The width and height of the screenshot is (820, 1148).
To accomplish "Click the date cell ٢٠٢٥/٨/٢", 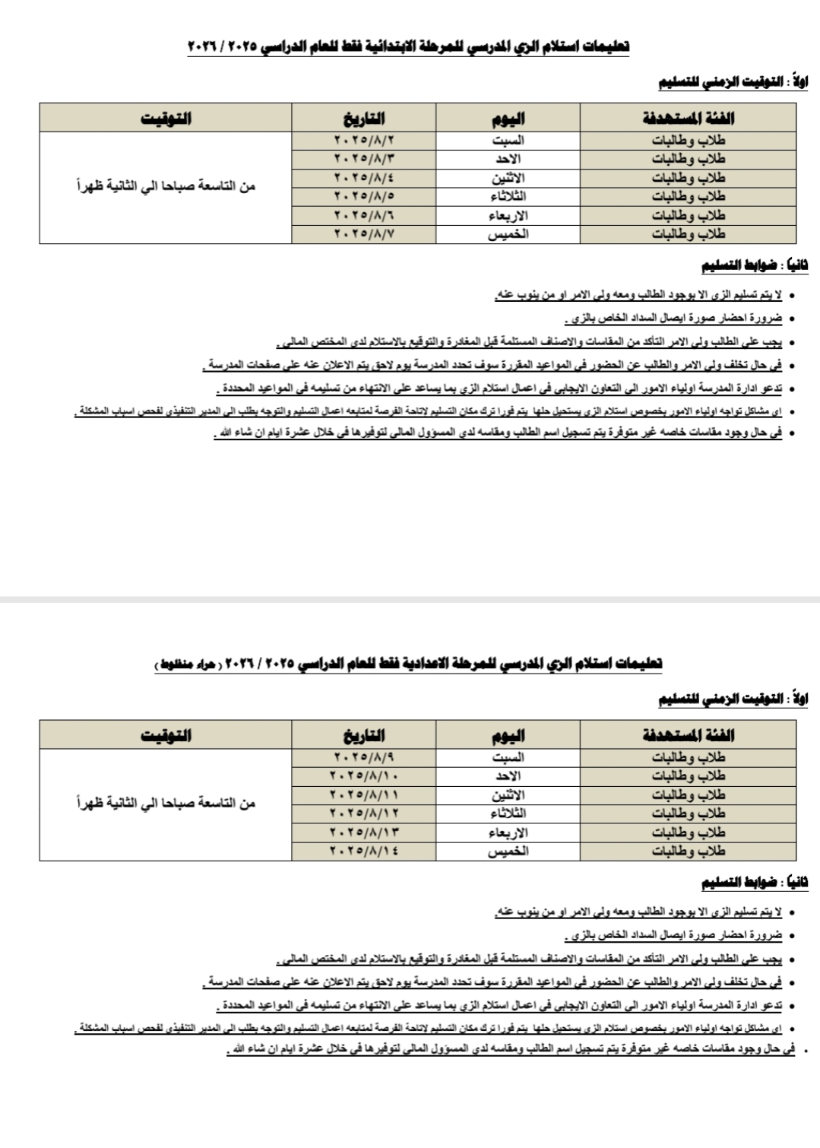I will (x=364, y=141).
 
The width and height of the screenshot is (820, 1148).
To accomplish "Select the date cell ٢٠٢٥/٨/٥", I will (x=364, y=197).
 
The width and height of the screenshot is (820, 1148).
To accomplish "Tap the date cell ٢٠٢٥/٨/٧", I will (x=364, y=234).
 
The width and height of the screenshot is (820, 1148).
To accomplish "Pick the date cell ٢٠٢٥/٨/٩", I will (x=364, y=757).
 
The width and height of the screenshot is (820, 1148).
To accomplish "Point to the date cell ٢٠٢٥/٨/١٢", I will (x=364, y=813).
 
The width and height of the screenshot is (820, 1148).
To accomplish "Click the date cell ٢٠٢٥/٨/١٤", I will (x=364, y=851).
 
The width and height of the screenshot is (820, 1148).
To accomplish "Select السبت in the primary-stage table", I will (x=508, y=141).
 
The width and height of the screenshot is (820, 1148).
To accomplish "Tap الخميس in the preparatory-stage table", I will (x=508, y=851).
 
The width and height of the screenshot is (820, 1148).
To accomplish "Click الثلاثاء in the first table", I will (x=508, y=197).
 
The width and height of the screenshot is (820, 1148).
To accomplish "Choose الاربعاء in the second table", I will (x=508, y=832).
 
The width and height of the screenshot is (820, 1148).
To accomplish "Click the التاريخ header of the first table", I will (x=364, y=119).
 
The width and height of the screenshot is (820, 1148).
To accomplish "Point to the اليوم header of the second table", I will (x=508, y=735).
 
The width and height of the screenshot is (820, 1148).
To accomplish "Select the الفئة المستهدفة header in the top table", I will (x=688, y=119).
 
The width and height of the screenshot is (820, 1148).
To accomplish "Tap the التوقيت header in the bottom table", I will (x=166, y=735).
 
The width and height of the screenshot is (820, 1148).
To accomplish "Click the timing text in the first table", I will (x=166, y=186).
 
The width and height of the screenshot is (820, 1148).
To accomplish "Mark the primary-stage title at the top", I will (x=408, y=47).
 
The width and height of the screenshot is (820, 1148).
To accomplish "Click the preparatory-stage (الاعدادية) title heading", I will (x=408, y=664).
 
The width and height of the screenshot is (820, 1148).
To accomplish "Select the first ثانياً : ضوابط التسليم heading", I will (x=754, y=265).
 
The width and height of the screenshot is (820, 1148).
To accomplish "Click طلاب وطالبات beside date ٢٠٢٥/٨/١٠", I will (x=688, y=776).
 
